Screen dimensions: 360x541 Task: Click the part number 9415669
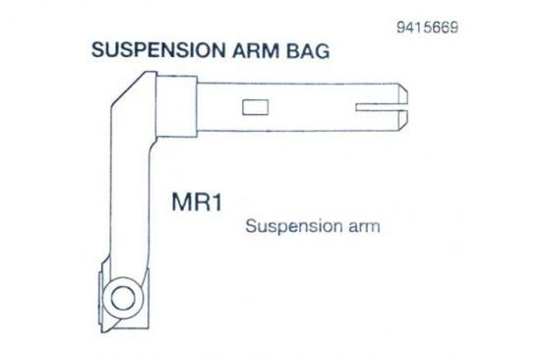click(x=425, y=27)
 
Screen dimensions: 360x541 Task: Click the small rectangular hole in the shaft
click(x=255, y=106)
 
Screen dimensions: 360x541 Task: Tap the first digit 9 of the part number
click(x=400, y=27)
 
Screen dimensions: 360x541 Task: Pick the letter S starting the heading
click(x=96, y=50)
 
